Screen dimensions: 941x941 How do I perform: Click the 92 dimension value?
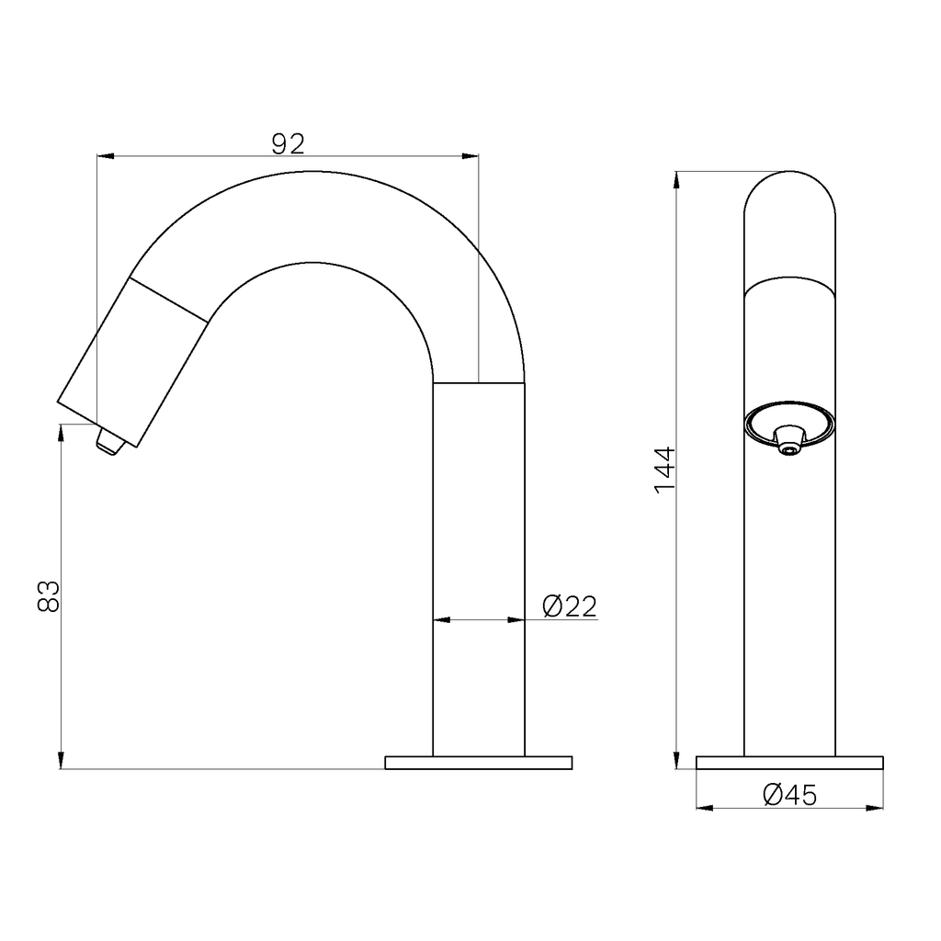(x=289, y=144)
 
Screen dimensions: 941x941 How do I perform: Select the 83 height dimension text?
(x=49, y=595)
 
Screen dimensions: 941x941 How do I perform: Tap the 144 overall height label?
(x=665, y=470)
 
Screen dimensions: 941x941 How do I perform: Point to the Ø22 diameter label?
(x=570, y=607)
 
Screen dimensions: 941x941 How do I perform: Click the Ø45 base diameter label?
(x=789, y=795)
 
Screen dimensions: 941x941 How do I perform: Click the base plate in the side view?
(x=478, y=763)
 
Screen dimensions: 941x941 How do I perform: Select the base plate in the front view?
(x=789, y=763)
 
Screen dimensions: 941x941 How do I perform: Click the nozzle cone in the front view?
(x=789, y=439)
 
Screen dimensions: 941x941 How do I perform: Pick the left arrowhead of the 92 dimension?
(x=105, y=156)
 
